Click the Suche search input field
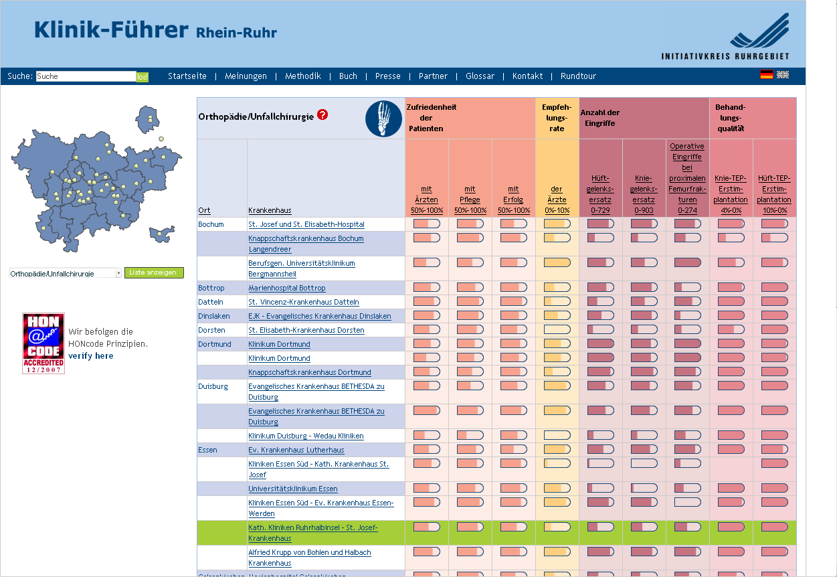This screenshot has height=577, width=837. pyautogui.click(x=86, y=76)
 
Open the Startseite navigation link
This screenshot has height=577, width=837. pyautogui.click(x=187, y=76)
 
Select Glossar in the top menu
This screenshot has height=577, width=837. pyautogui.click(x=480, y=76)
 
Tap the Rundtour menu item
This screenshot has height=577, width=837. pyautogui.click(x=578, y=76)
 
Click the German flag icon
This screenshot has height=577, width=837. pyautogui.click(x=766, y=75)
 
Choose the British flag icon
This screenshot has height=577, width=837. pyautogui.click(x=783, y=75)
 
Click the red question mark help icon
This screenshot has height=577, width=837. pyautogui.click(x=322, y=115)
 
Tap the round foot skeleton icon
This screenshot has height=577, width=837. pyautogui.click(x=383, y=118)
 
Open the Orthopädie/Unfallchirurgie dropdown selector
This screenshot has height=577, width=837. pyautogui.click(x=66, y=273)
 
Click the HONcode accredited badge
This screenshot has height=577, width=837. pyautogui.click(x=43, y=343)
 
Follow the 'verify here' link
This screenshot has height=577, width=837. pyautogui.click(x=90, y=356)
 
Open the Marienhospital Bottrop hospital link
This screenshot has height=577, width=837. pyautogui.click(x=286, y=288)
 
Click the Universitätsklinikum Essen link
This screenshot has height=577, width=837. pyautogui.click(x=292, y=489)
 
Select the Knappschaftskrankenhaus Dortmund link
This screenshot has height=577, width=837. pyautogui.click(x=309, y=372)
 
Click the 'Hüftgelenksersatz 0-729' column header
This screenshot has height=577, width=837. pyautogui.click(x=600, y=194)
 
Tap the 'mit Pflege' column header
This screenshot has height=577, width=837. pyautogui.click(x=470, y=194)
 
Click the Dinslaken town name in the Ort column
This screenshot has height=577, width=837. pyautogui.click(x=213, y=316)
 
